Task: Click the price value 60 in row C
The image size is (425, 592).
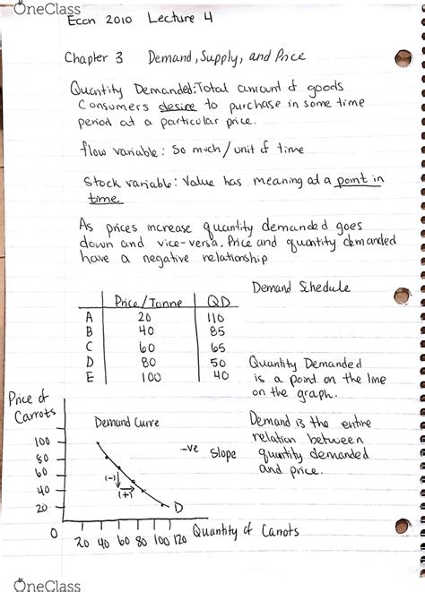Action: [147, 347]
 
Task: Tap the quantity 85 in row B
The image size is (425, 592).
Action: [217, 332]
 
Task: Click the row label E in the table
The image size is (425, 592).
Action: [89, 377]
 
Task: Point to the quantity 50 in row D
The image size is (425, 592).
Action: [218, 363]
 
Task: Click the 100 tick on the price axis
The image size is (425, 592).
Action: [42, 442]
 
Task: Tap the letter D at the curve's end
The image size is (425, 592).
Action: [178, 509]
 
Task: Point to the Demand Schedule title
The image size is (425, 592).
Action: [301, 287]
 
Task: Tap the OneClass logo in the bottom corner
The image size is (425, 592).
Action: [33, 580]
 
